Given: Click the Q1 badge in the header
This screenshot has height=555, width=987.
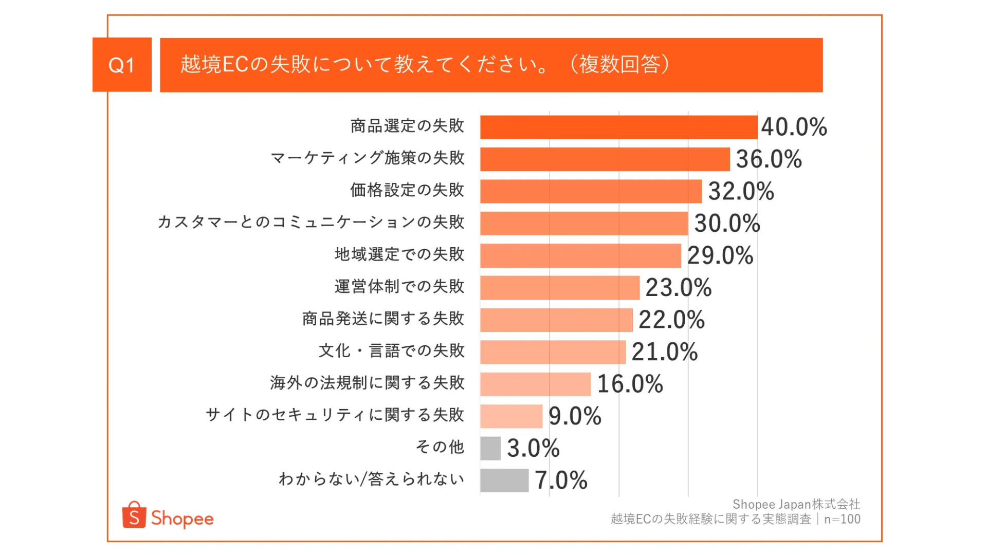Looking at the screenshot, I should (122, 65).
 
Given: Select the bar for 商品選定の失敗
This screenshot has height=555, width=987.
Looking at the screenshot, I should (618, 127).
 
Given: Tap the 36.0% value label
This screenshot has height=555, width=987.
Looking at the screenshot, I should (769, 159).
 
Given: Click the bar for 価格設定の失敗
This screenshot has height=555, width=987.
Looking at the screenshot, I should (591, 191).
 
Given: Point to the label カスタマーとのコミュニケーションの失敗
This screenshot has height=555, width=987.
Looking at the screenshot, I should (310, 222).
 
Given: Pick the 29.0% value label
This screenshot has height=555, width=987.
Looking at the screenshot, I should (720, 255).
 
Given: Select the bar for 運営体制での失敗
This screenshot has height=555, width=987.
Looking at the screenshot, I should (560, 288).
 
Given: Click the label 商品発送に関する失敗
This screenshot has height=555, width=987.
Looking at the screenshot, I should (383, 319).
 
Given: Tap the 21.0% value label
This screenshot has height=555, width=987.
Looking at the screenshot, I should (664, 352).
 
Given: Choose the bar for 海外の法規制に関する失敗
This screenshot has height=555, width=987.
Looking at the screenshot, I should (535, 384).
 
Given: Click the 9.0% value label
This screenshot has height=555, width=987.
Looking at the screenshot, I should (575, 416).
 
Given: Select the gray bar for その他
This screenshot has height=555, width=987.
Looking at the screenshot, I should (490, 448).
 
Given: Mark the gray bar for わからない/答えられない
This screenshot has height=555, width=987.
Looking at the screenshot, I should (504, 480).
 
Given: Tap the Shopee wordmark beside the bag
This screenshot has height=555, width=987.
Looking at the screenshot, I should (182, 519).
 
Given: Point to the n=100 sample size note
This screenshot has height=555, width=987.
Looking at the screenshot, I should (842, 520).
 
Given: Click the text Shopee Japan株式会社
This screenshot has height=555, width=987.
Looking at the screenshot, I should (796, 504).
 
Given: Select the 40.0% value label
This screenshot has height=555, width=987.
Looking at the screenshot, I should (794, 127).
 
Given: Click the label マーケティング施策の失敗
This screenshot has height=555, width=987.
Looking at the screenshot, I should (368, 158).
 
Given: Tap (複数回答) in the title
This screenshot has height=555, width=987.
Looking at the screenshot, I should (620, 65).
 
